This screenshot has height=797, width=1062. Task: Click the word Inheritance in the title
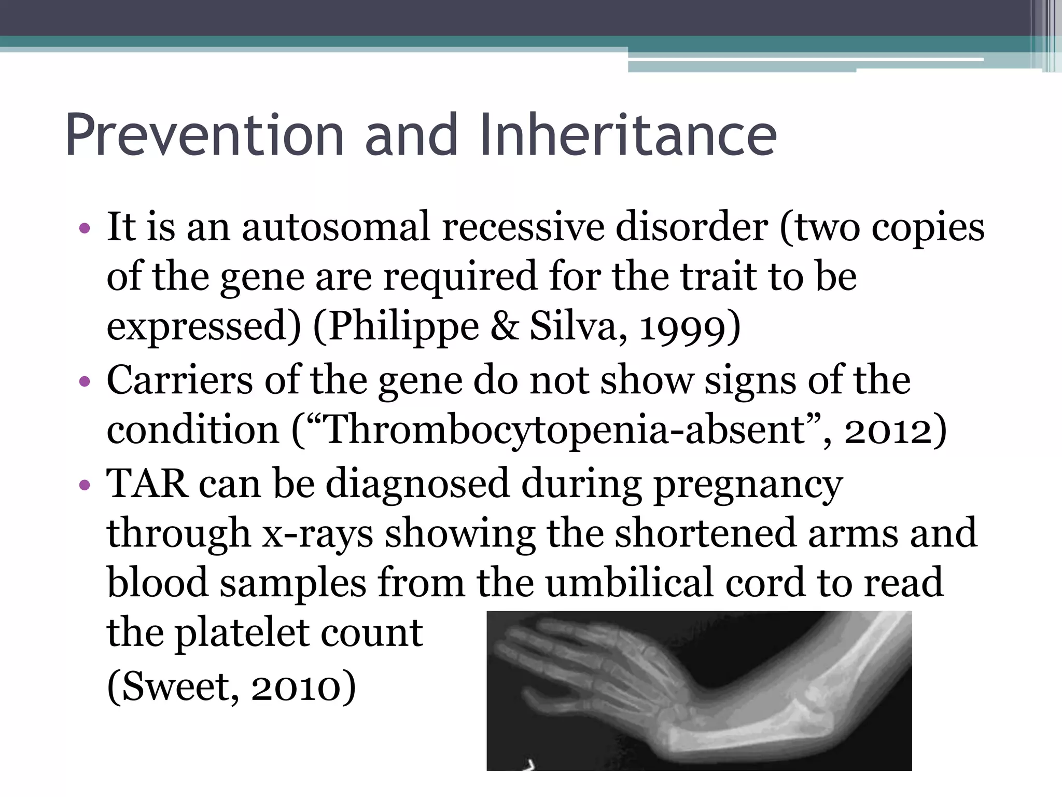coord(627,136)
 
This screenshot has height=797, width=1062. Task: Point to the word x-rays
coord(317,534)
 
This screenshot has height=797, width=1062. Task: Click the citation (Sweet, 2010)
coord(231,686)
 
